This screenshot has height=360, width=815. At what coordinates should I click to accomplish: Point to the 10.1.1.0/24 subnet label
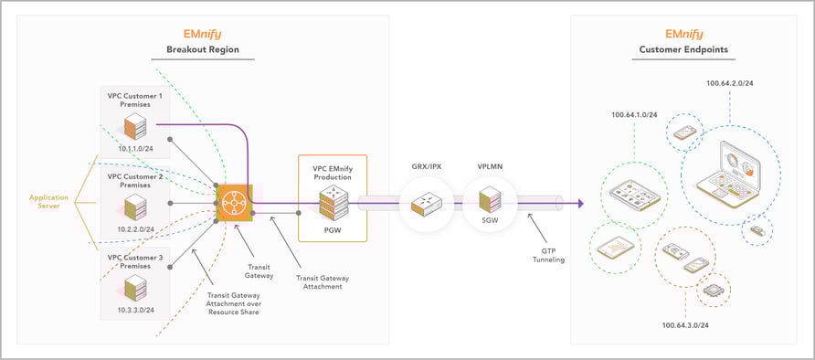click(134, 147)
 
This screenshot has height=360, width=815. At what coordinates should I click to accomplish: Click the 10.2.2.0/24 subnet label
click(134, 228)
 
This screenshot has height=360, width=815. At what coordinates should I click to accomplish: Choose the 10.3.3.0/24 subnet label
click(134, 311)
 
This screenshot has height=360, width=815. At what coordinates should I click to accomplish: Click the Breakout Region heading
click(203, 49)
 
